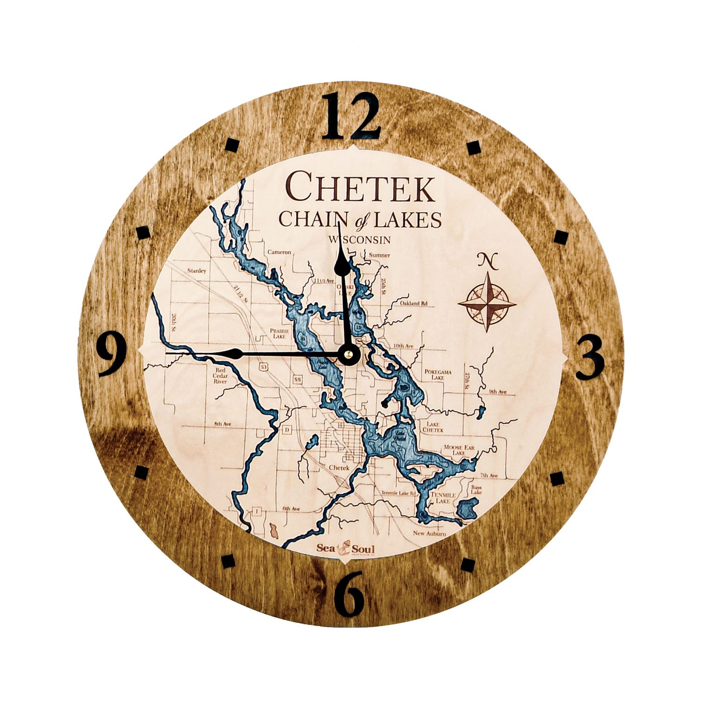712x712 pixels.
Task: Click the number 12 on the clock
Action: (351, 116)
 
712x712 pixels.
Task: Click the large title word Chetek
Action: (361, 186)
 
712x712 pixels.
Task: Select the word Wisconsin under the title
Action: (359, 240)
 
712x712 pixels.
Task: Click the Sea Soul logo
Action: (345, 548)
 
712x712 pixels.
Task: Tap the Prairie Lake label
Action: (280, 334)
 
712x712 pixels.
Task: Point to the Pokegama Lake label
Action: (438, 375)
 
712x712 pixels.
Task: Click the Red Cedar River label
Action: (220, 376)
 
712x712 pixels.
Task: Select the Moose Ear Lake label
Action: (458, 450)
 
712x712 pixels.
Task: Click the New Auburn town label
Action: (429, 534)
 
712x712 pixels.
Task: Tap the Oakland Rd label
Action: (413, 304)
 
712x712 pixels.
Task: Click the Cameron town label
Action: (279, 252)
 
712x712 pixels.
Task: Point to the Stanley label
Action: (197, 271)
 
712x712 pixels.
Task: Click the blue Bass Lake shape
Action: (467, 510)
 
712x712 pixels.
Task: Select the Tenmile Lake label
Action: (440, 498)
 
